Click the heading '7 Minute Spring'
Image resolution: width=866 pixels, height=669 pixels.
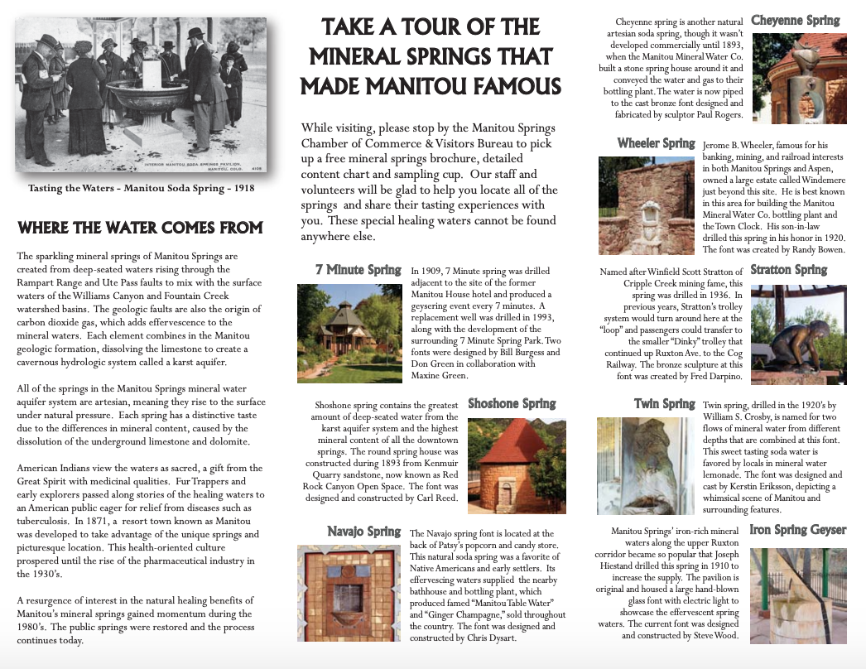pyautogui.click(x=358, y=270)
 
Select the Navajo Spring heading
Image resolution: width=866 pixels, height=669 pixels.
pyautogui.click(x=363, y=531)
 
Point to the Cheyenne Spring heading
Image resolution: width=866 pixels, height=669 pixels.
pyautogui.click(x=795, y=21)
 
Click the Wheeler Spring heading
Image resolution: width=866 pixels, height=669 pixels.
pyautogui.click(x=656, y=143)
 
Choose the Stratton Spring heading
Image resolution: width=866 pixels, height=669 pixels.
pyautogui.click(x=788, y=270)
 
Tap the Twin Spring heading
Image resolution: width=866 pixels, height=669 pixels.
pyautogui.click(x=664, y=403)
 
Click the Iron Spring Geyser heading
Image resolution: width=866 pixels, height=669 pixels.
pyautogui.click(x=798, y=530)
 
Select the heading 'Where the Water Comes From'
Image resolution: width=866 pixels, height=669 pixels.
pyautogui.click(x=140, y=228)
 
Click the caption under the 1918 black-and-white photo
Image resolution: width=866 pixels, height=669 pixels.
pyautogui.click(x=141, y=189)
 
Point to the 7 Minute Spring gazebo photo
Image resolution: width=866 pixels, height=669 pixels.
pyautogui.click(x=349, y=333)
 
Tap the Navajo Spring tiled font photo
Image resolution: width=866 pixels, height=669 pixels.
pyautogui.click(x=349, y=594)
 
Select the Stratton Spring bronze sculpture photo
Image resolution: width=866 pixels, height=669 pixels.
pyautogui.click(x=798, y=334)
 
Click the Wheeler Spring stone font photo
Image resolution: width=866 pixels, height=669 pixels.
pyautogui.click(x=646, y=205)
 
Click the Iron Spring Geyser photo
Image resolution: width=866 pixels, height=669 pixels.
pyautogui.click(x=798, y=595)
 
